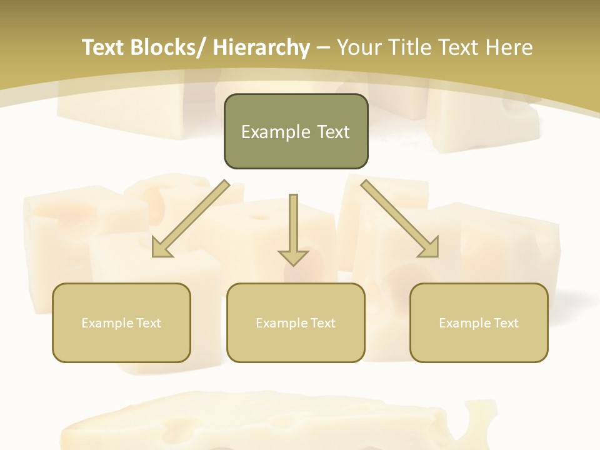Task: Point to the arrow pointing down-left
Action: [191, 219]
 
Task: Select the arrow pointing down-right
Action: [400, 219]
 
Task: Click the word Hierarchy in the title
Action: [261, 48]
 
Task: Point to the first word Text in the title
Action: [104, 48]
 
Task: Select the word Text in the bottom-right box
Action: [506, 323]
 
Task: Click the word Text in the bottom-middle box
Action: [323, 323]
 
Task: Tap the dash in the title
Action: [323, 48]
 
